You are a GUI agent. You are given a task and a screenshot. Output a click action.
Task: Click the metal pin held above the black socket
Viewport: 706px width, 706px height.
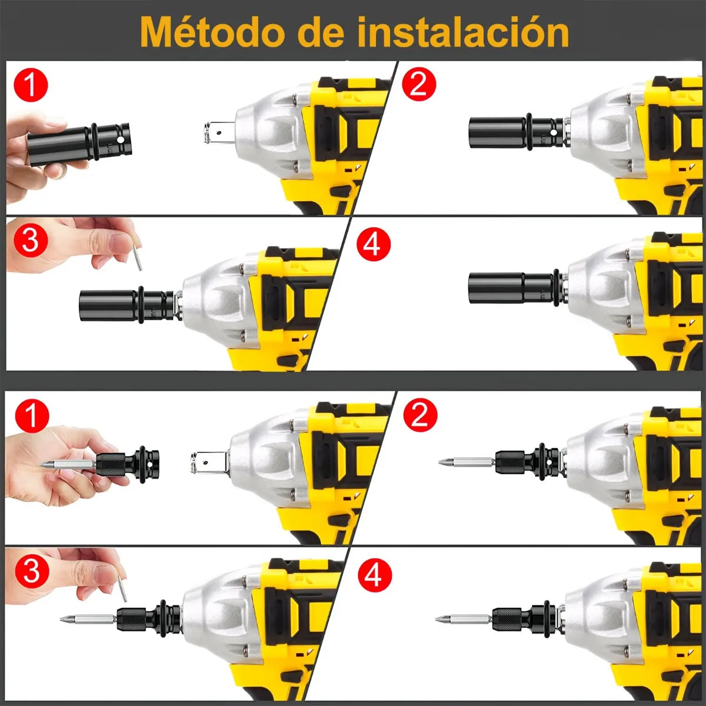[138, 258]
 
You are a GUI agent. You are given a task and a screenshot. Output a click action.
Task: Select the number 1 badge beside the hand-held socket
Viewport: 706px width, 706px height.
[31, 85]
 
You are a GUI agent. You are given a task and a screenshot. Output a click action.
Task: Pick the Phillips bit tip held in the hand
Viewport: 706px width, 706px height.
[47, 465]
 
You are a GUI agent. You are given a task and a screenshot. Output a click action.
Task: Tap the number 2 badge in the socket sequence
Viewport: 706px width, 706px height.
[419, 84]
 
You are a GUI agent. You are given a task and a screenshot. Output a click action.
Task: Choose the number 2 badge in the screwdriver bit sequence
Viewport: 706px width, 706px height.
[420, 415]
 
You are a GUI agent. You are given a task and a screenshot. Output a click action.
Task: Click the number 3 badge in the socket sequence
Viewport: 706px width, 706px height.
[31, 240]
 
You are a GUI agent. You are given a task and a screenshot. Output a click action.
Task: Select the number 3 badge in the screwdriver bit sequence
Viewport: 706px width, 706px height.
[32, 571]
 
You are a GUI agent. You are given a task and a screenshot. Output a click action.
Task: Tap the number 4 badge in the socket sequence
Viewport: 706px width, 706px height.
[374, 244]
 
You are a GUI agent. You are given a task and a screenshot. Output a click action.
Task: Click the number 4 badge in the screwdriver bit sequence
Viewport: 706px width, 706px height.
[375, 575]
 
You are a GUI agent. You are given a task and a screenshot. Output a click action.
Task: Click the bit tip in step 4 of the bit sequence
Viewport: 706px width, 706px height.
[441, 619]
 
